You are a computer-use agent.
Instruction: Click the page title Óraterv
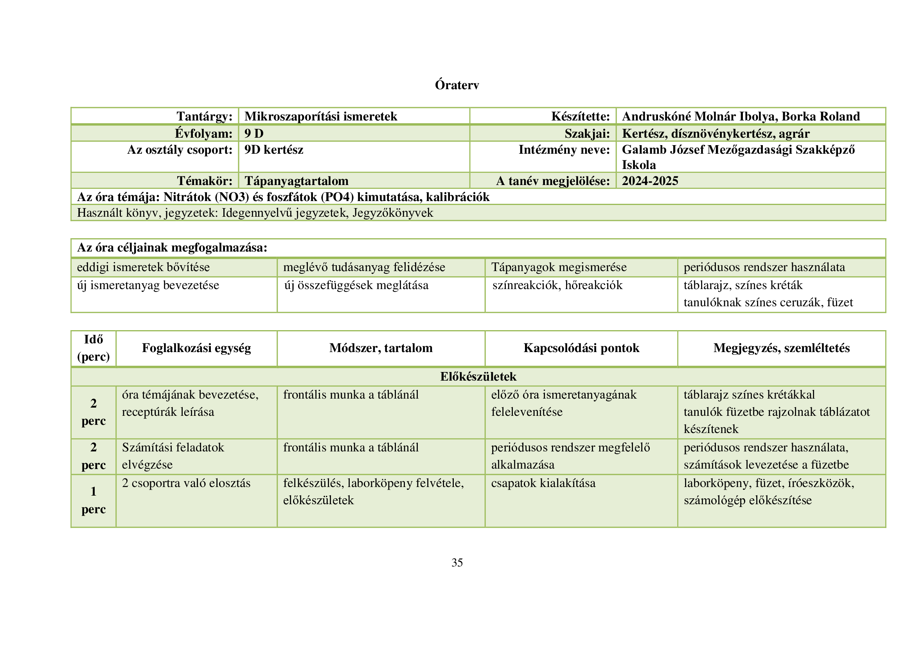pyautogui.click(x=457, y=85)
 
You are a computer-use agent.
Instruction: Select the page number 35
pyautogui.click(x=457, y=563)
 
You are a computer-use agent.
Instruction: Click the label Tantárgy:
pyautogui.click(x=205, y=116)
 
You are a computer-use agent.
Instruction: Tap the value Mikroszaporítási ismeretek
pyautogui.click(x=321, y=116)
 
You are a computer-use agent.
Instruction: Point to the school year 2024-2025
pyautogui.click(x=650, y=181)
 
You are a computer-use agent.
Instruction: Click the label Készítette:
pyautogui.click(x=581, y=116)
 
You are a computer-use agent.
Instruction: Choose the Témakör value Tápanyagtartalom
pyautogui.click(x=297, y=181)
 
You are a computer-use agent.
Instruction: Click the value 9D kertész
pyautogui.click(x=274, y=150)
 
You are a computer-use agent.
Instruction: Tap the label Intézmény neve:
pyautogui.click(x=564, y=150)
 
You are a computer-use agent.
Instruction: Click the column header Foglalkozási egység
pyautogui.click(x=196, y=348)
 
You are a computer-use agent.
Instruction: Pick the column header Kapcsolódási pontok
pyautogui.click(x=581, y=348)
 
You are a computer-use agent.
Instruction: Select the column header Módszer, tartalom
pyautogui.click(x=381, y=348)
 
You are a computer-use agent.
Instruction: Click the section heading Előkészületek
pyautogui.click(x=478, y=376)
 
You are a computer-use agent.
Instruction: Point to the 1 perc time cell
pyautogui.click(x=93, y=500)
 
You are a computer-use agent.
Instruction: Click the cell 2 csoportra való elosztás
pyautogui.click(x=186, y=483)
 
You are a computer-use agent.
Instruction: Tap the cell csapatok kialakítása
pyautogui.click(x=543, y=483)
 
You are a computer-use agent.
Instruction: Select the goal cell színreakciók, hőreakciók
pyautogui.click(x=557, y=285)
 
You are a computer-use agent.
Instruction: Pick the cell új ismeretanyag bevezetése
pyautogui.click(x=148, y=285)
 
